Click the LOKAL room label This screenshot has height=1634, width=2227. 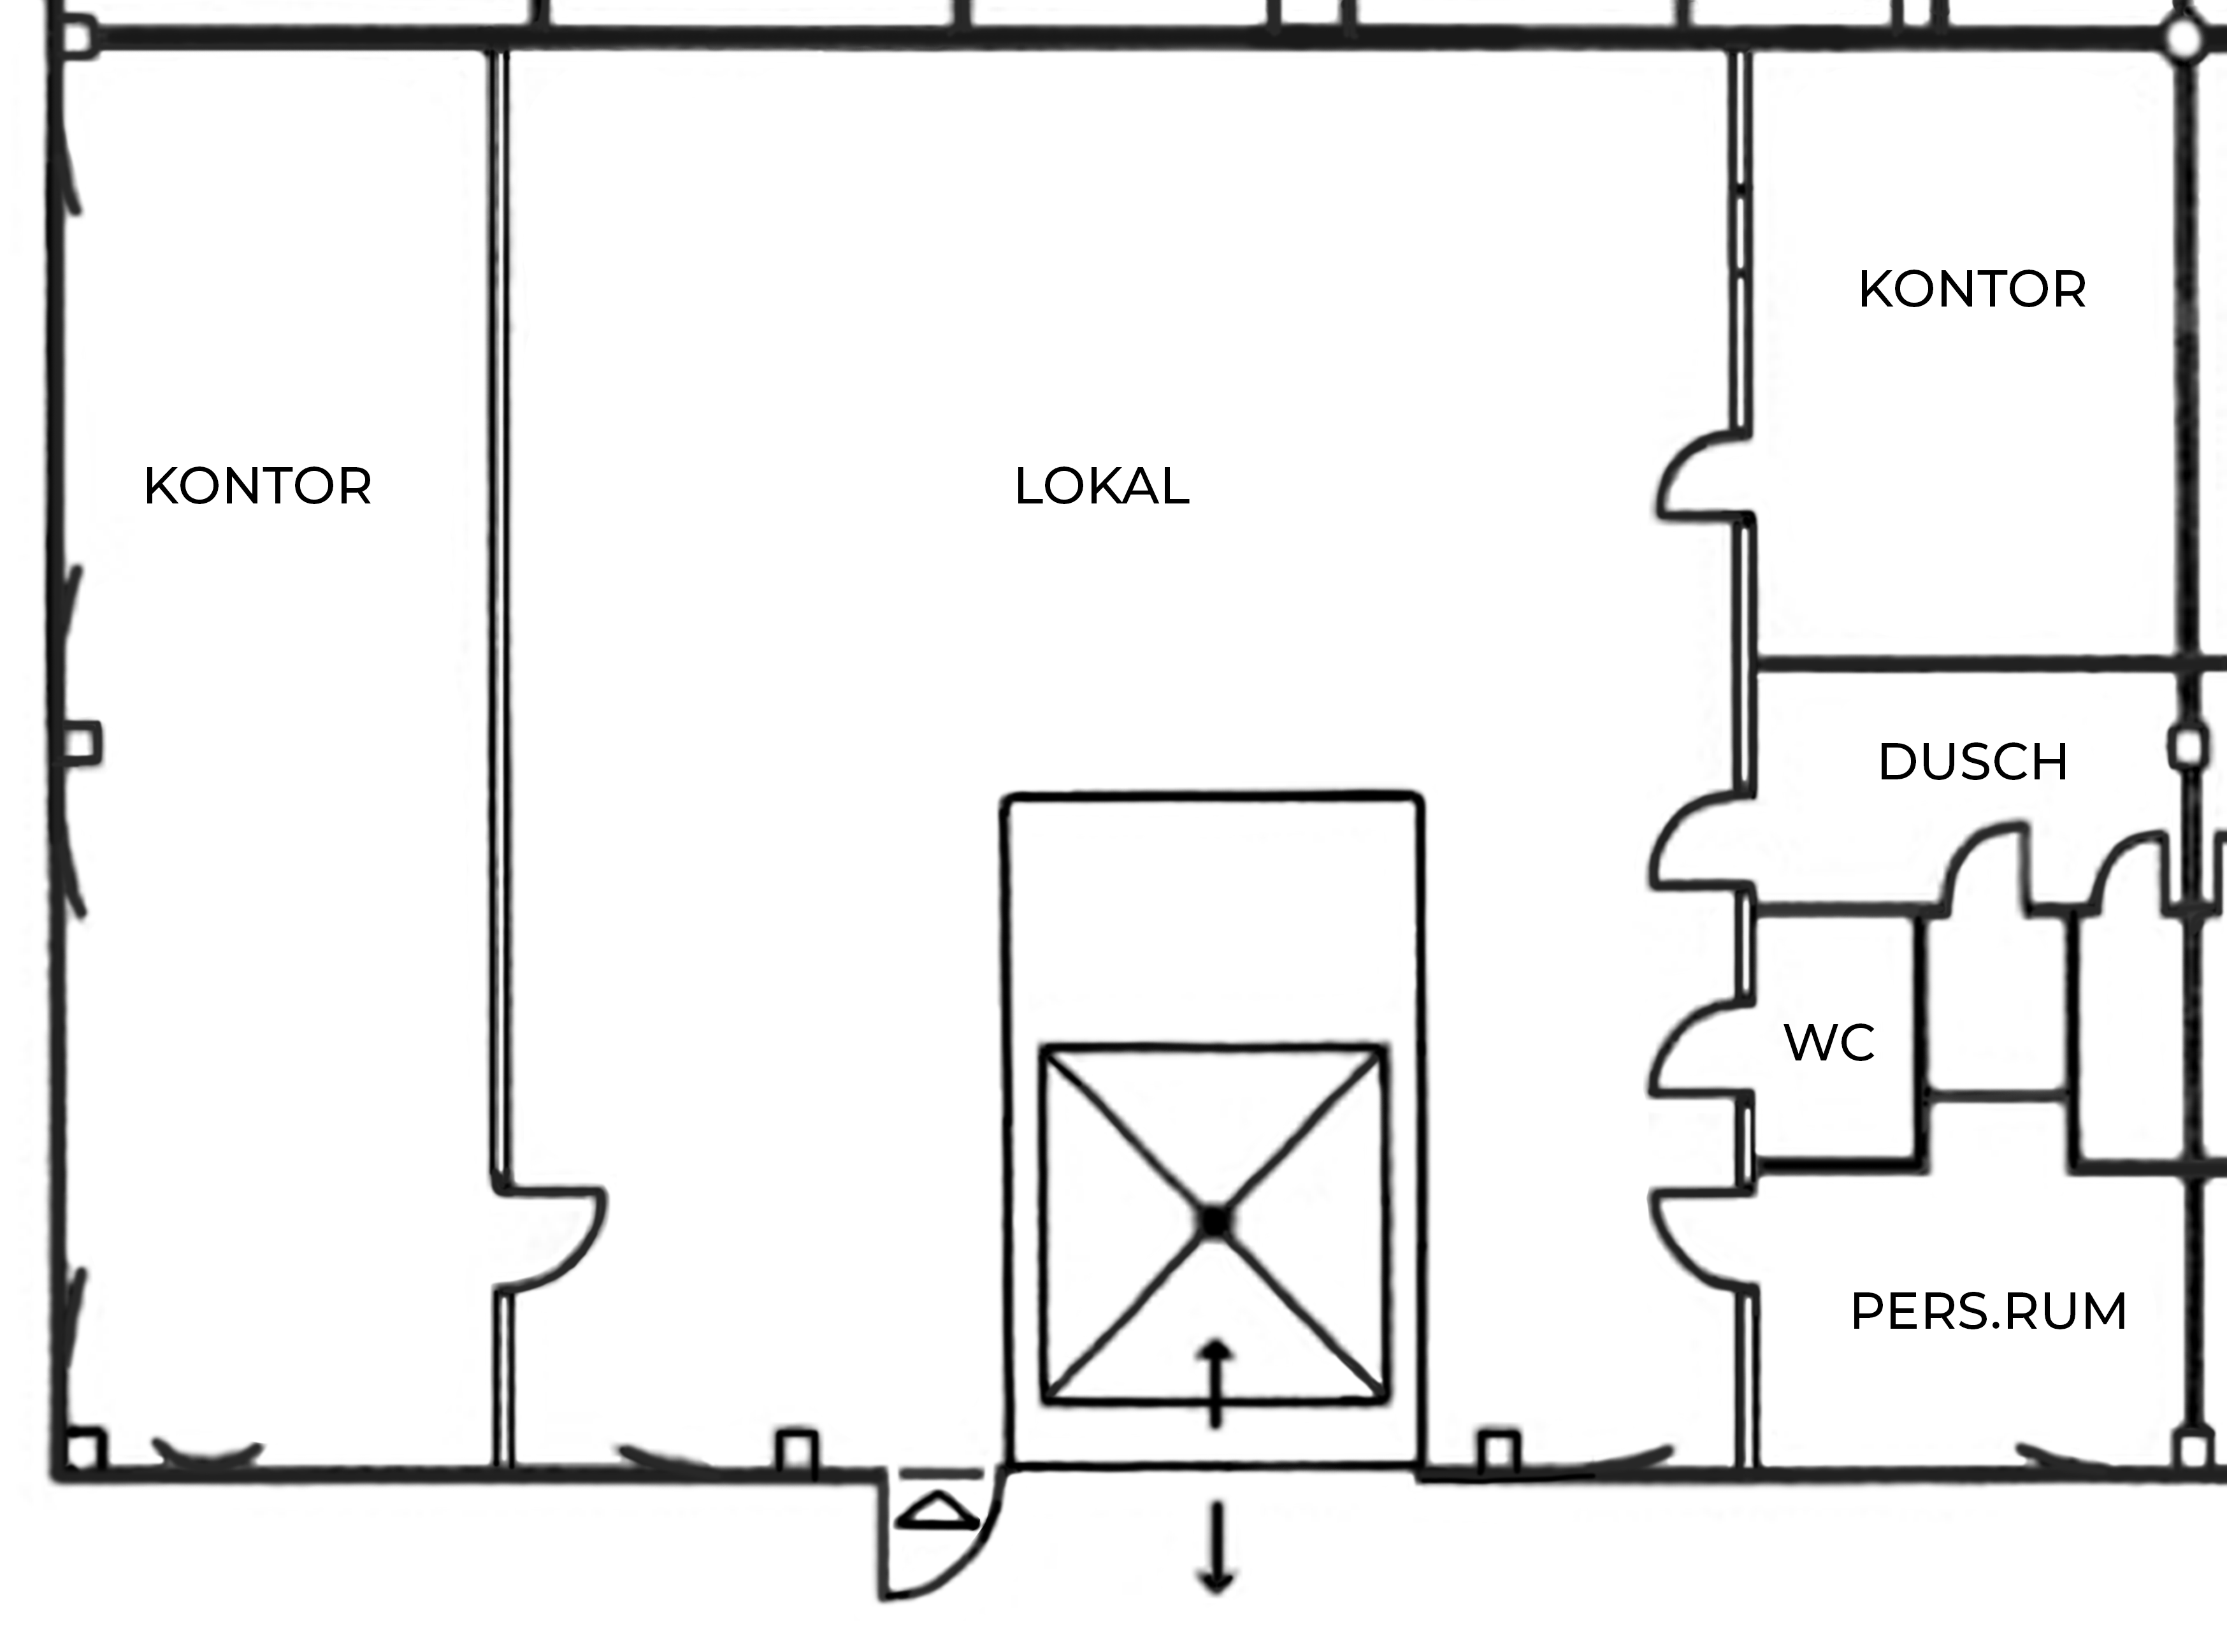pos(1102,486)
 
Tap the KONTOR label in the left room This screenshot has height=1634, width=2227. pos(257,486)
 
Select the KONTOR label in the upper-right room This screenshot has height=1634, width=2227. pos(1972,290)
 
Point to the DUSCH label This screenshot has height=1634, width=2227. pos(1973,762)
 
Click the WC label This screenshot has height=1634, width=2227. pos(1829,1043)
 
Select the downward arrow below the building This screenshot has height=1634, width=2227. pos(1216,1548)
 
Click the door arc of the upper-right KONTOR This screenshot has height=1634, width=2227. pos(1671,475)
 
